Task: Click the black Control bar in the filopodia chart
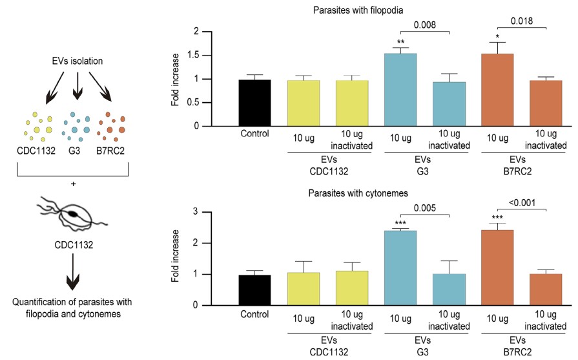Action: click(x=254, y=103)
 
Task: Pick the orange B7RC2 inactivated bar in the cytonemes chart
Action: click(x=546, y=290)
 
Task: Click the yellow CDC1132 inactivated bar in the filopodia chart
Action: click(x=352, y=103)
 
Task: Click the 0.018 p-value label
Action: click(x=522, y=21)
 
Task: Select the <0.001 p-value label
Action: click(x=522, y=202)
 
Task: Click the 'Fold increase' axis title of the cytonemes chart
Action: click(x=175, y=259)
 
